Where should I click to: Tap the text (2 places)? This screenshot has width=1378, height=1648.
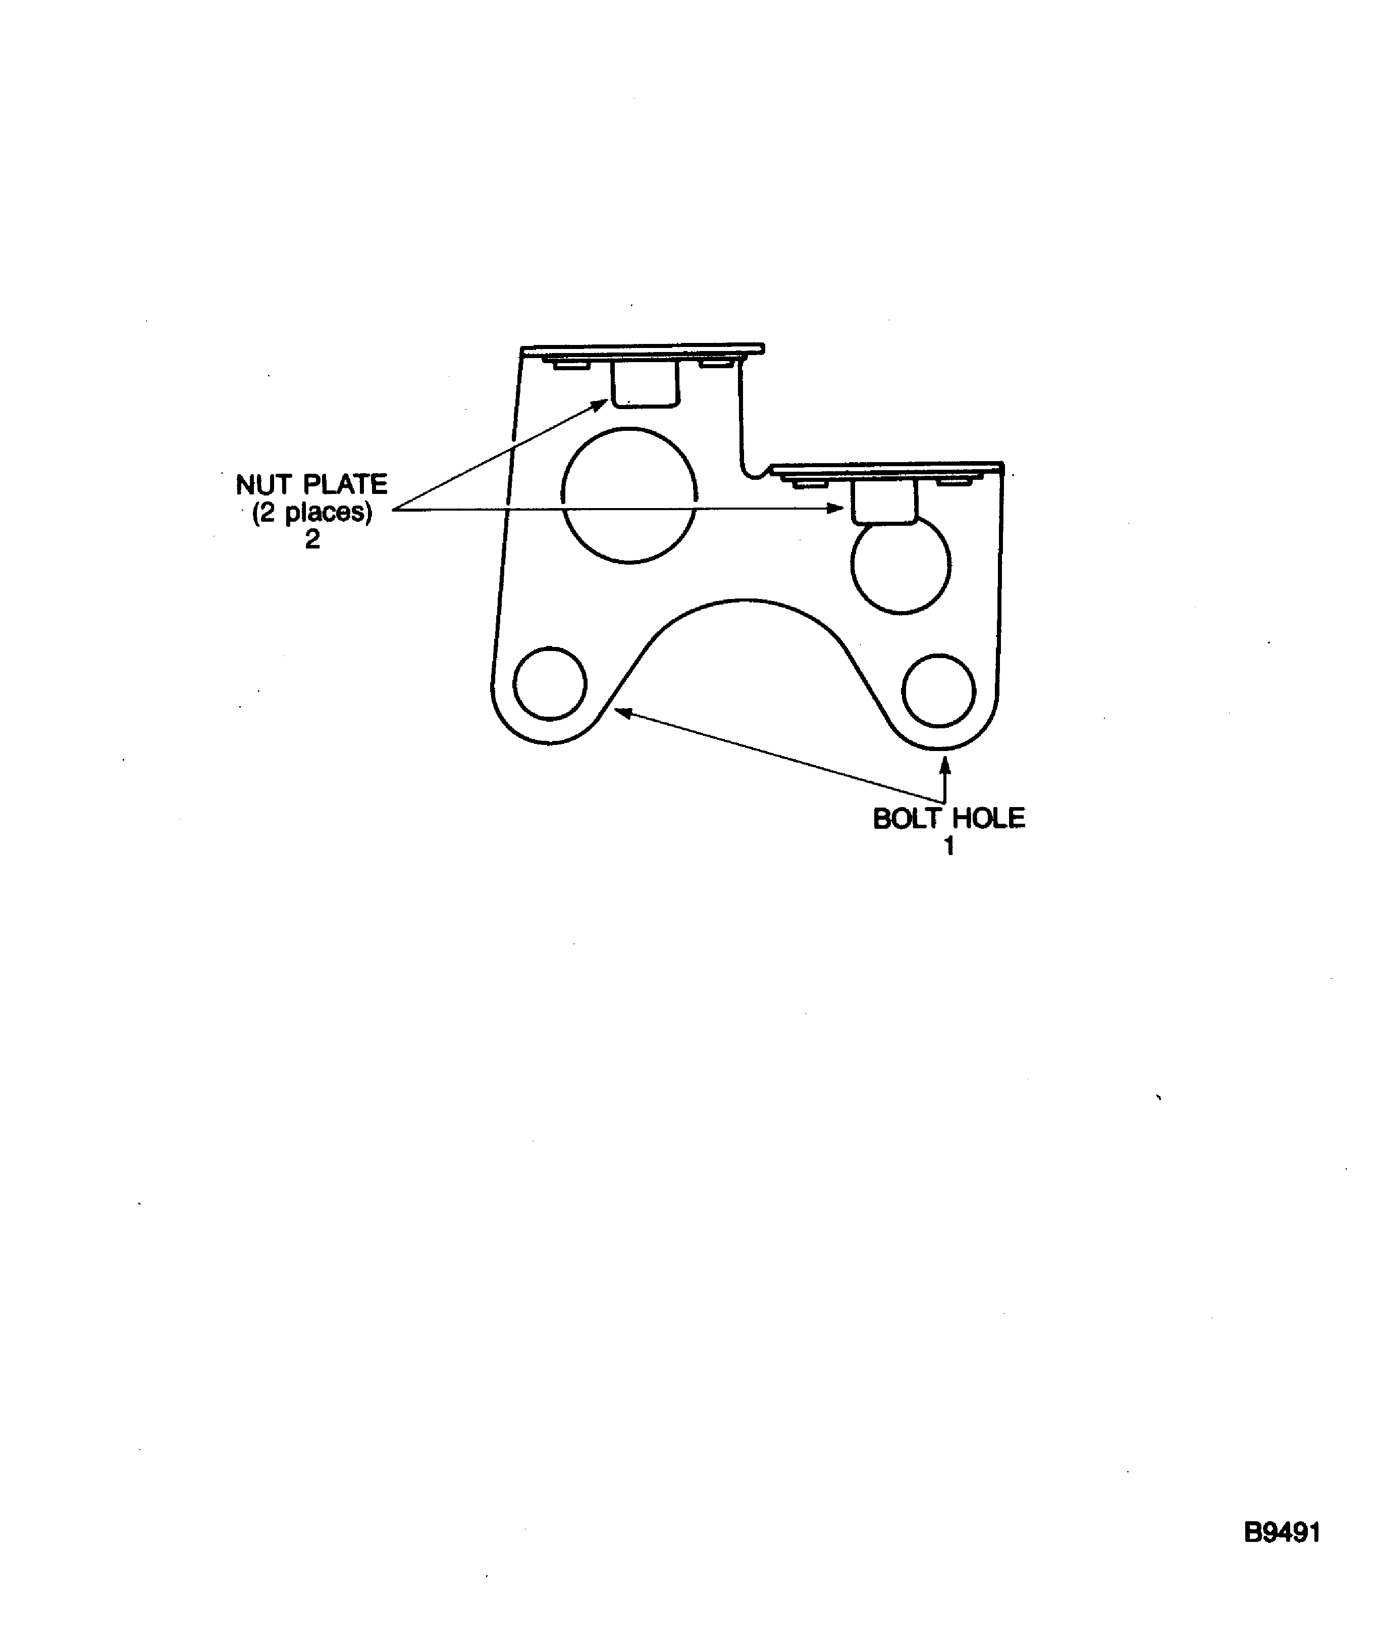(311, 513)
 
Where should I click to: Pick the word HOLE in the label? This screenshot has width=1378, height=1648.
(988, 819)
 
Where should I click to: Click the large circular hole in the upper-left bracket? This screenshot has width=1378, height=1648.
(629, 495)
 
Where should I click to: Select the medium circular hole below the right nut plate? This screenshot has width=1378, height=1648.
(900, 564)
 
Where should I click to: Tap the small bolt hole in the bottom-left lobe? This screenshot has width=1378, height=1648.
(550, 683)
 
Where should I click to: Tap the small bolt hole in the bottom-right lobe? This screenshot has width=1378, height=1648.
(939, 690)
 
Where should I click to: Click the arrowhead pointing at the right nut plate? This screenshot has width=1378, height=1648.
(837, 509)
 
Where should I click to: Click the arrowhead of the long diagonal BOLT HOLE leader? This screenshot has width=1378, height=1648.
(621, 712)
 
